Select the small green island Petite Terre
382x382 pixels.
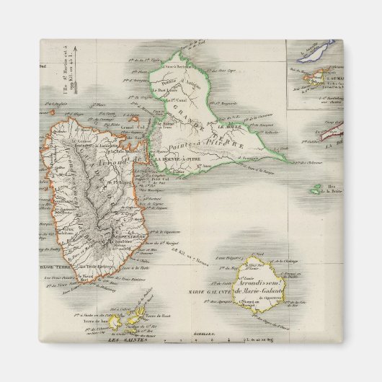click(x=316, y=190)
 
